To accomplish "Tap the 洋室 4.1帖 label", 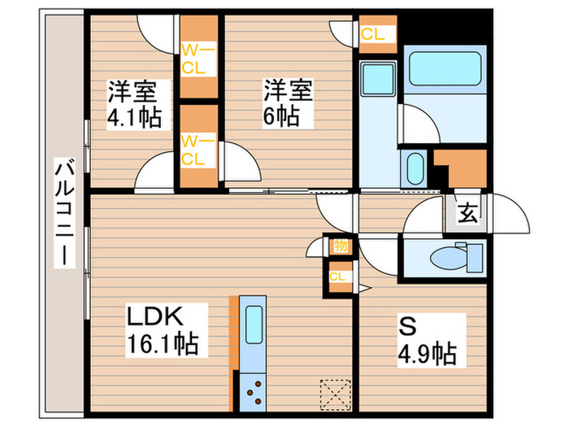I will [134, 104].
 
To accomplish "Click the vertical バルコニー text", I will [62, 213].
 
